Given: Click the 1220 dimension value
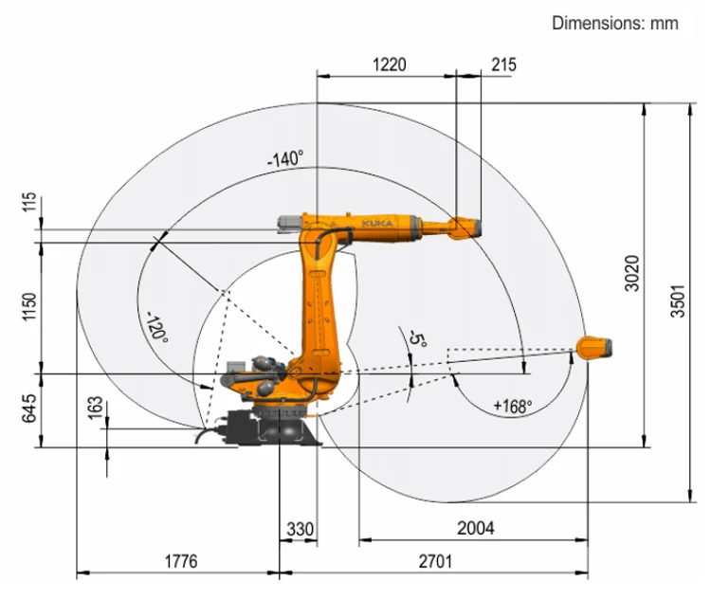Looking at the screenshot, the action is (389, 64).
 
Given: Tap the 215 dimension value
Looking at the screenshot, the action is (503, 64).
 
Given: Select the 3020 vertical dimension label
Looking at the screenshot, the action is (631, 274).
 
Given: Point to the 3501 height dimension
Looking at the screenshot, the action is (678, 301).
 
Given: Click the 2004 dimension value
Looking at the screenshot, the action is (476, 528).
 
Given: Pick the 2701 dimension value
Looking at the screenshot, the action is (435, 561).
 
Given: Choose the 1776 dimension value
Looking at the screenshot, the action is (181, 561).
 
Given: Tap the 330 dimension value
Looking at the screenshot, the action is (300, 529).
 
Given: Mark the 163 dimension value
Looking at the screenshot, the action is (95, 409).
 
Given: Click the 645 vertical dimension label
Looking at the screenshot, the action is (29, 409).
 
